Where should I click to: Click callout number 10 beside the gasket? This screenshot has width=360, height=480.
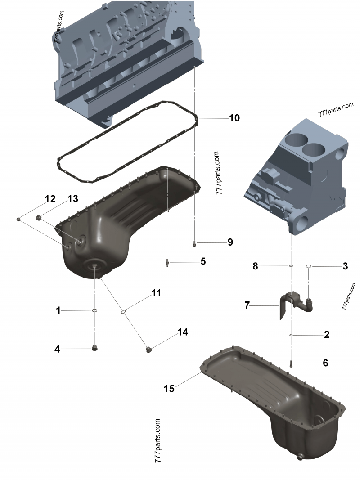pos(234,118)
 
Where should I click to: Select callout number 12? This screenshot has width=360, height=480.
pos(49,199)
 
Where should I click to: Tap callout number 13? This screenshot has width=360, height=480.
pos(72,199)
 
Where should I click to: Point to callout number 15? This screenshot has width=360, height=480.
pos(169,388)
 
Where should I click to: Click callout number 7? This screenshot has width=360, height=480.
pos(247,305)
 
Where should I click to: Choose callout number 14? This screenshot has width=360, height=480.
pos(183,332)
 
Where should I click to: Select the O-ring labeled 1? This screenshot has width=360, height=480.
pos(95,310)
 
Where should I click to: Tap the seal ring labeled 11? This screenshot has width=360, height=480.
pos(123,310)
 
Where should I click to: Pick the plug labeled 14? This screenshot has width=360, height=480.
pos(150,349)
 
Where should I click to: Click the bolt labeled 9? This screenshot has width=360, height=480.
pos(194,243)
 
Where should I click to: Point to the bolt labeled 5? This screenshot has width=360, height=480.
pos(167,262)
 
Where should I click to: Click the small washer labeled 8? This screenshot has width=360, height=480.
pos(291,266)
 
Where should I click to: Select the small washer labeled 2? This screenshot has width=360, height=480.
pos(291,335)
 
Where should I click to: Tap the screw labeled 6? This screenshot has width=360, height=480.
pos(291,363)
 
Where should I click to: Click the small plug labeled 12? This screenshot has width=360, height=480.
pos(18,219)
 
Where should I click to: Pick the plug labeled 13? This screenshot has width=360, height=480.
pos(39,218)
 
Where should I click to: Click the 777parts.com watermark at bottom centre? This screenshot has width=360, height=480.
pos(157,441)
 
